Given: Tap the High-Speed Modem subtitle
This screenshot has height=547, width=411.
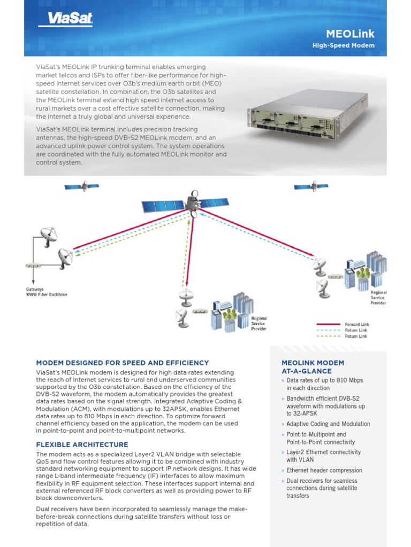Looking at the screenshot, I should pyautogui.click(x=343, y=45).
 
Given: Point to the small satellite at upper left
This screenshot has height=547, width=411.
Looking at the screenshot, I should pyautogui.click(x=81, y=186).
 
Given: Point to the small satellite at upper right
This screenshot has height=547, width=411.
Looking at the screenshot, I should pyautogui.click(x=311, y=186).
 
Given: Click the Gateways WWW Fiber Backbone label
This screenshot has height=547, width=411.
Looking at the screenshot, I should pyautogui.click(x=47, y=292).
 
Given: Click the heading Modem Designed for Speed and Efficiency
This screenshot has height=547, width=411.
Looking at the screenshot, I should pyautogui.click(x=123, y=363).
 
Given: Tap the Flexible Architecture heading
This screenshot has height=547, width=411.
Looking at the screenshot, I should pyautogui.click(x=82, y=444).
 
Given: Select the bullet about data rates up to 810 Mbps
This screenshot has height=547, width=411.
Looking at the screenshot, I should pyautogui.click(x=324, y=384).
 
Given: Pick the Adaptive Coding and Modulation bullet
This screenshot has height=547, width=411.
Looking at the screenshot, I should pyautogui.click(x=328, y=424).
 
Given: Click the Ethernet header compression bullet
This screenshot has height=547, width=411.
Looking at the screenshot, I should pyautogui.click(x=324, y=471).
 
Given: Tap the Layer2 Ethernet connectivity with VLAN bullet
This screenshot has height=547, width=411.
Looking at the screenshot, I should pyautogui.click(x=323, y=456).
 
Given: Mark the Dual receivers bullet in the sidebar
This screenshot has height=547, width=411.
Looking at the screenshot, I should pyautogui.click(x=322, y=488).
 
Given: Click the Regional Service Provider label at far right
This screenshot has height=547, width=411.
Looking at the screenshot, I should pyautogui.click(x=378, y=298).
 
